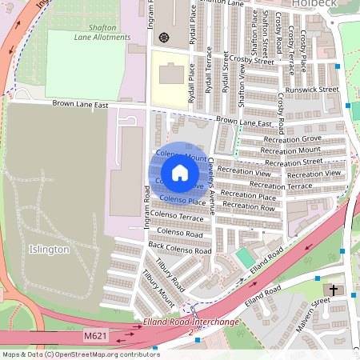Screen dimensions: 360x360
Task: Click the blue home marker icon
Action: (x=180, y=173)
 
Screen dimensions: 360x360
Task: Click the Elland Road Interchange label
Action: (x=191, y=322)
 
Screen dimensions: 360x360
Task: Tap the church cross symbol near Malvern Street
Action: (x=334, y=289)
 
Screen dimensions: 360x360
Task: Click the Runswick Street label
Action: (x=313, y=90)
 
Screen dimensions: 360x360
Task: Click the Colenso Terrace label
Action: (x=177, y=216)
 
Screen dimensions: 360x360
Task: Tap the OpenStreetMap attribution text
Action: (x=81, y=354)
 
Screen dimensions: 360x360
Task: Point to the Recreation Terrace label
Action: (x=281, y=186)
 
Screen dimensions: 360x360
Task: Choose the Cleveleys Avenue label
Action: (x=212, y=186)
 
